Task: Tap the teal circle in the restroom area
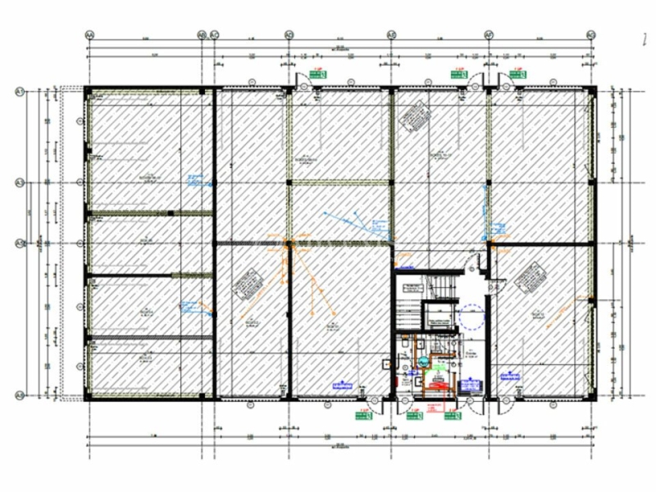[x=424, y=360]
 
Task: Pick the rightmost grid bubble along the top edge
[x=590, y=34]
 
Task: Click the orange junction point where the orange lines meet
[x=289, y=244]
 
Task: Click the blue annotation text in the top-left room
[x=194, y=178]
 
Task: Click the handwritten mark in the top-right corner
[x=644, y=36]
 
